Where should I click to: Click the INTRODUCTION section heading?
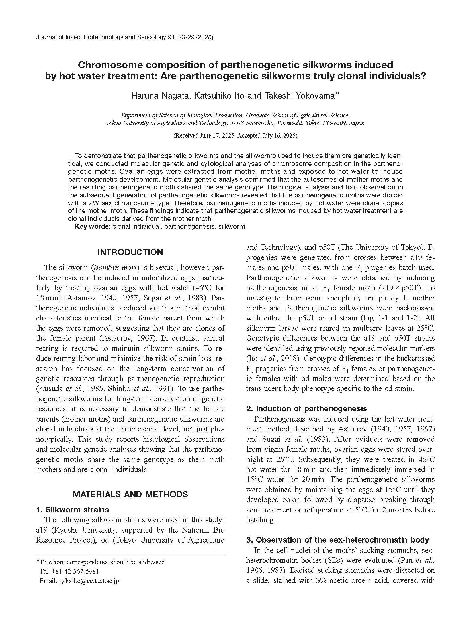point(130,252)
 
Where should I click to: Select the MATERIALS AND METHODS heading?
point(130,494)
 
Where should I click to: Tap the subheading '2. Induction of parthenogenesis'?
point(306,409)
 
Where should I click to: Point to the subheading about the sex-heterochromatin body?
point(337,540)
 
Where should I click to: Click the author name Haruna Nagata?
point(160,96)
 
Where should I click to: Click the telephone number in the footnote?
point(75,572)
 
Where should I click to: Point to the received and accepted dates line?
point(235,136)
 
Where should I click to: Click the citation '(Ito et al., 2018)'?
point(274,358)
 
